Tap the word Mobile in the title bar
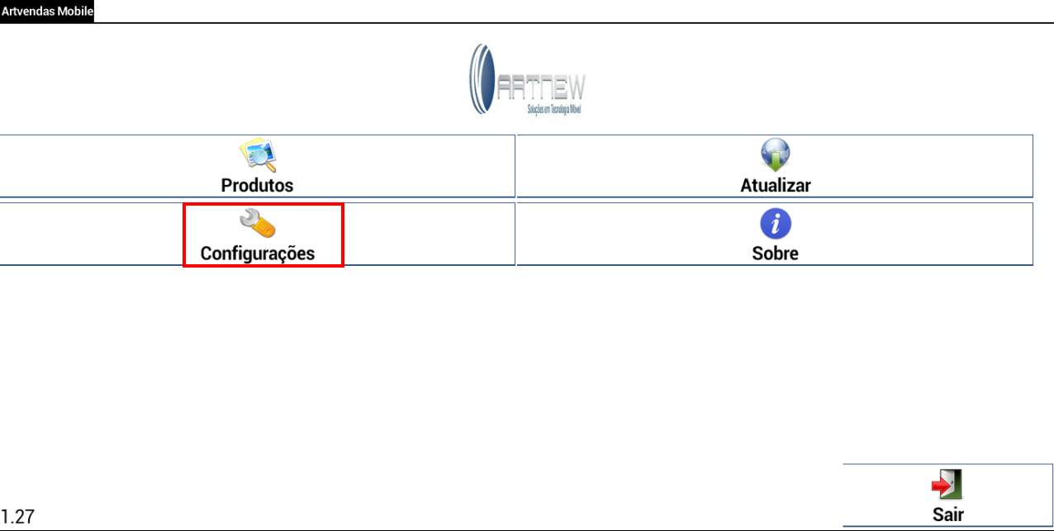click(74, 12)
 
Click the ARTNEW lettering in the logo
click(542, 87)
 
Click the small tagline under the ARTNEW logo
click(554, 109)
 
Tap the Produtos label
click(257, 185)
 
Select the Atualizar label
click(775, 185)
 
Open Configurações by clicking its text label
click(258, 253)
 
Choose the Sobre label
click(775, 253)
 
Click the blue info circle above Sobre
click(775, 223)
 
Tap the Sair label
click(947, 514)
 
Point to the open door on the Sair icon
click(954, 483)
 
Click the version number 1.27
click(17, 518)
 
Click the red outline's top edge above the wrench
click(263, 205)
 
